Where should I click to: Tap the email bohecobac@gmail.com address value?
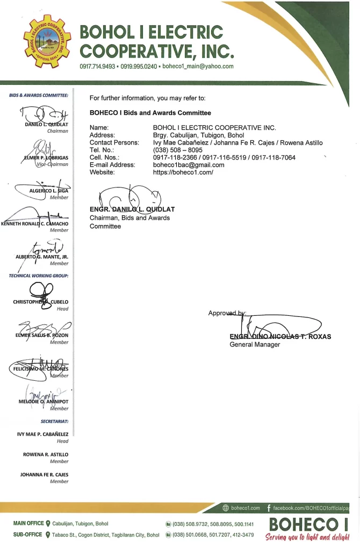[189, 165]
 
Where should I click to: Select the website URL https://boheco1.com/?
[183, 172]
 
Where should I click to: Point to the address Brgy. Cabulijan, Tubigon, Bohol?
[198, 135]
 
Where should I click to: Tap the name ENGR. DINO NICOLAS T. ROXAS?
[280, 337]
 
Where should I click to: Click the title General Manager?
[255, 344]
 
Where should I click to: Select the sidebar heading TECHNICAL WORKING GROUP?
[38, 276]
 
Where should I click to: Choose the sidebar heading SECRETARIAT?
[54, 422]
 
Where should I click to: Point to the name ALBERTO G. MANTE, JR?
[42, 256]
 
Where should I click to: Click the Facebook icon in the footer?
[268, 508]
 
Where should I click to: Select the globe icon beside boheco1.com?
[226, 508]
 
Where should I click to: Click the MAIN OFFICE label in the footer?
[28, 523]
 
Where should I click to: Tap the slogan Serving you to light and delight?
[308, 536]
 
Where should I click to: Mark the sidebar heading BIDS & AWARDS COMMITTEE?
[39, 95]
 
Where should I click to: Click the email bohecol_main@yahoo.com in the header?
[198, 67]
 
